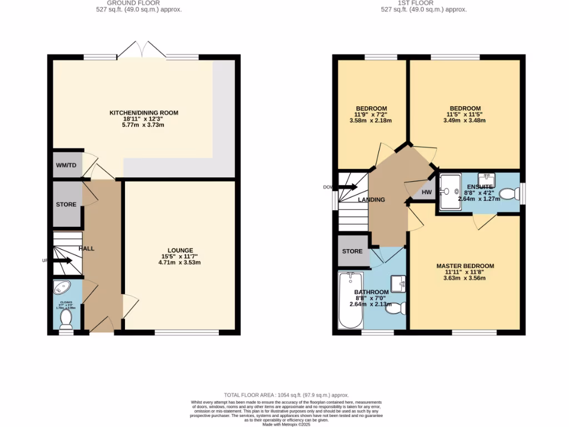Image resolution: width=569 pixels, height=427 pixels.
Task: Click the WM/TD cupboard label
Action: point(66,165)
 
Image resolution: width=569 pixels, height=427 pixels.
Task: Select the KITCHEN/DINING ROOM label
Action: point(143,113)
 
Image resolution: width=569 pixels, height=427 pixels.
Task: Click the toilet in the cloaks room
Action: point(66,319)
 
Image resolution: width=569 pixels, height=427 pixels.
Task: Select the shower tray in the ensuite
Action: point(450,192)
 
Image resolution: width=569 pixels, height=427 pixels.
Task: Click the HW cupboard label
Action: point(427,193)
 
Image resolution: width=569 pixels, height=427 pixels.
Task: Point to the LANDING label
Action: point(371,200)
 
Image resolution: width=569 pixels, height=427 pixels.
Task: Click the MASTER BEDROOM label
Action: point(465,266)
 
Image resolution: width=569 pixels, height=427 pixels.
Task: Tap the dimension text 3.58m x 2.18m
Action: point(371,121)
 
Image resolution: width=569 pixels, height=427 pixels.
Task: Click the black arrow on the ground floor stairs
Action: point(62,260)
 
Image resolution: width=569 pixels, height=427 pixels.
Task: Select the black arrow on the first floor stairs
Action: point(348,187)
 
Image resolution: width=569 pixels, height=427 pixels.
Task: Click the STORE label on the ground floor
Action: point(66,205)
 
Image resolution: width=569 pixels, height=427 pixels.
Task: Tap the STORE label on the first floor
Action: point(352,251)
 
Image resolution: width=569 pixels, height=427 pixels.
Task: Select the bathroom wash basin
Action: point(398,284)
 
